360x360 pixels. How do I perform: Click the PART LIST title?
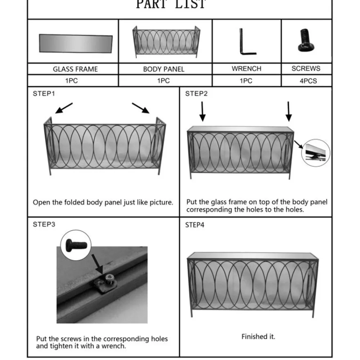(171, 4)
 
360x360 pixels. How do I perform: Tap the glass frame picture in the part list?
(76, 43)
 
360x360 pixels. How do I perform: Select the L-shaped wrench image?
(247, 42)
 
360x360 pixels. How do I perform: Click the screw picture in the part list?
(305, 41)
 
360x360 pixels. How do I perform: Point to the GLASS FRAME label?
(75, 69)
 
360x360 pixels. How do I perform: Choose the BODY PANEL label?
(163, 69)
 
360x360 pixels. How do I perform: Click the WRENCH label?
(247, 68)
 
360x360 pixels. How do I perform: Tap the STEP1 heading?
(44, 94)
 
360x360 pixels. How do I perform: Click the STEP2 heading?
(197, 94)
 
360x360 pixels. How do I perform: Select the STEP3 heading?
(44, 224)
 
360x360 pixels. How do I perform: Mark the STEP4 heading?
(195, 225)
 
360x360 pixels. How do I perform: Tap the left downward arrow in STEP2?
(203, 111)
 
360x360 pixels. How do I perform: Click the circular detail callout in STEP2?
(316, 152)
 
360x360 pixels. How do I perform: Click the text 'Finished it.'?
(258, 337)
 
